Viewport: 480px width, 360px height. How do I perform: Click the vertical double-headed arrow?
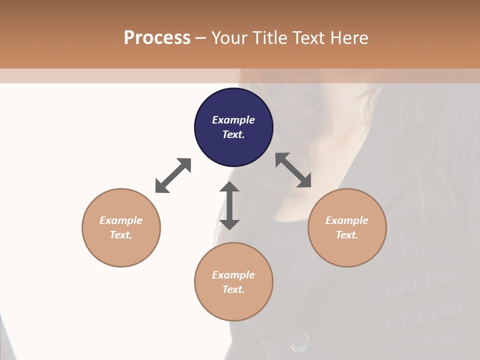point(229,205)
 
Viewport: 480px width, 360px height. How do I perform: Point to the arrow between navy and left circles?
point(173,175)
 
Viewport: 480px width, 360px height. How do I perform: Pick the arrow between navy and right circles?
point(293,170)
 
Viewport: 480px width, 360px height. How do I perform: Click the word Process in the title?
point(157,38)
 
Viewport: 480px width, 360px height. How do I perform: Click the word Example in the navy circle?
point(233,120)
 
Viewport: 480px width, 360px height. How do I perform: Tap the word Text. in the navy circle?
point(233,134)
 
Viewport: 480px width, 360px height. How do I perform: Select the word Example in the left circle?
point(121,220)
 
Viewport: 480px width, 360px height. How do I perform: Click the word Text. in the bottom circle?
point(233,289)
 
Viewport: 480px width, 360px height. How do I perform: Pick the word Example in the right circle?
point(347,220)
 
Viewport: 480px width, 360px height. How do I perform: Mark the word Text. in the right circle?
point(347,235)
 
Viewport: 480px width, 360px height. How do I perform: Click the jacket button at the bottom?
point(299,342)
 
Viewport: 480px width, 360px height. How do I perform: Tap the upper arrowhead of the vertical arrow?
point(229,187)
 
